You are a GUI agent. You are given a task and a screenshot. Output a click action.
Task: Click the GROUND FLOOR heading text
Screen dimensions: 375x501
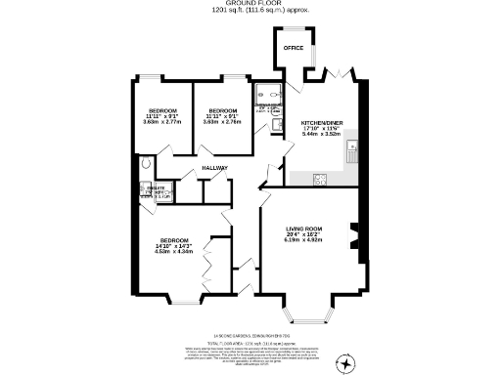tap(250, 4)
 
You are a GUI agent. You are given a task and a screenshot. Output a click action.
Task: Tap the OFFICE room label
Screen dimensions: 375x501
tap(292, 47)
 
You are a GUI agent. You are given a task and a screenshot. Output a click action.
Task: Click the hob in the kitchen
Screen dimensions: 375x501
tap(319, 178)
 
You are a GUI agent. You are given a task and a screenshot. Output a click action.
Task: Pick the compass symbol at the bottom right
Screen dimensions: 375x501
tap(343, 362)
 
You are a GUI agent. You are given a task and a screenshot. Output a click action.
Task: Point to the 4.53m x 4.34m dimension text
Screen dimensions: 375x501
tap(173, 250)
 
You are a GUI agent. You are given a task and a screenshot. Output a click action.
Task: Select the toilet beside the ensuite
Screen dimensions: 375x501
tap(146, 168)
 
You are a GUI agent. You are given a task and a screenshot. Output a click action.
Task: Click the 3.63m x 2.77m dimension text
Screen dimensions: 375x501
tap(162, 122)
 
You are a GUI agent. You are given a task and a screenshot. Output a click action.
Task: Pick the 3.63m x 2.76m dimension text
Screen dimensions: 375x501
tap(222, 122)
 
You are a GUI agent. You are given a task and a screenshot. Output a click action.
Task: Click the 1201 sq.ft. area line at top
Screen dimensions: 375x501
tap(250, 12)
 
